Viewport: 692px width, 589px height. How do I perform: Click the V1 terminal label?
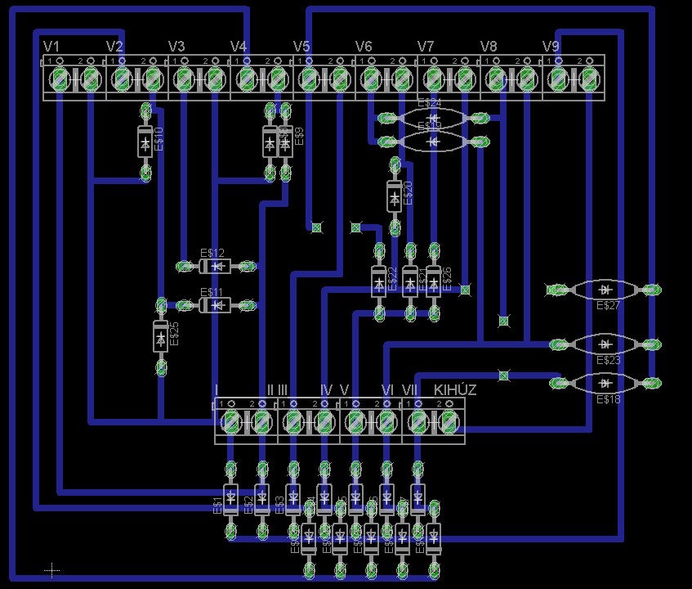(x=51, y=46)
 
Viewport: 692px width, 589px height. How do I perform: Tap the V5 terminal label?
(x=301, y=46)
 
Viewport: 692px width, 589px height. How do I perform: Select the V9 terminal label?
(x=551, y=46)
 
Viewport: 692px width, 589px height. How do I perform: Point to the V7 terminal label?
(x=426, y=46)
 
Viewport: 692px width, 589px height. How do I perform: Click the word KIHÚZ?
(x=455, y=390)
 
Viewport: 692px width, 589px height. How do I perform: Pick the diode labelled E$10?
(x=145, y=143)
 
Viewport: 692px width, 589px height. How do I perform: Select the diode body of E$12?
(x=216, y=266)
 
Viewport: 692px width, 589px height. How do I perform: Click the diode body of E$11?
(x=216, y=304)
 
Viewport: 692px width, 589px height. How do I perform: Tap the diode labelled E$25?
(x=161, y=336)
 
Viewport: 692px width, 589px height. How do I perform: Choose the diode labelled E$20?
(x=395, y=196)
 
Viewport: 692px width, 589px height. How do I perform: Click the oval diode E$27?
(x=605, y=290)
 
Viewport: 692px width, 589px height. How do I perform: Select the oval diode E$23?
(x=605, y=344)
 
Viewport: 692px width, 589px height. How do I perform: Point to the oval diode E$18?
(x=605, y=382)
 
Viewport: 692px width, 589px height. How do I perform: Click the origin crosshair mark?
(x=51, y=569)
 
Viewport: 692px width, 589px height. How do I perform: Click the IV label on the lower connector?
(x=326, y=390)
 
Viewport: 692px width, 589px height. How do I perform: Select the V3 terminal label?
(x=176, y=46)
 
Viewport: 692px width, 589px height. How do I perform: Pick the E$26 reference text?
(x=447, y=278)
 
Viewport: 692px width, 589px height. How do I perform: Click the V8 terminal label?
(x=489, y=46)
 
